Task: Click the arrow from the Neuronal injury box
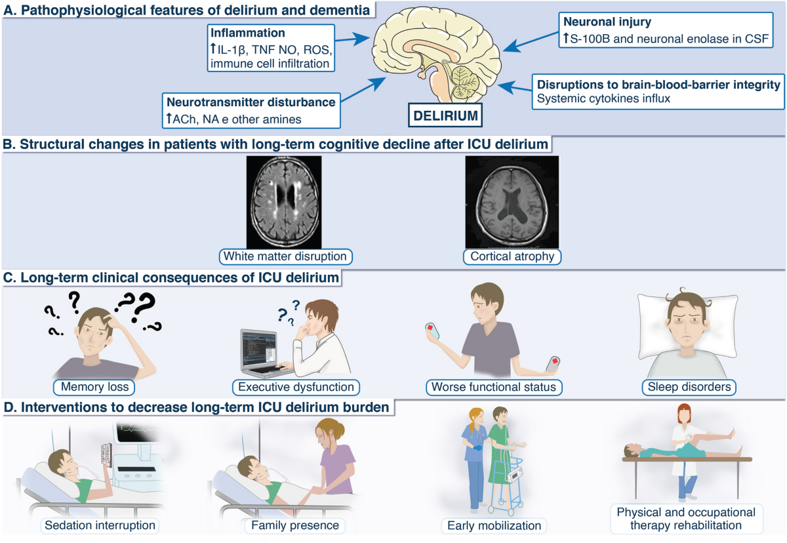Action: [524, 45]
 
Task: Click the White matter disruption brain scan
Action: [284, 201]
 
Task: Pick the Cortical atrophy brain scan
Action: [512, 201]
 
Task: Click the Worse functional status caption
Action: [493, 387]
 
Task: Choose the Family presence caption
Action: [294, 525]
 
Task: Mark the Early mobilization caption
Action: [494, 525]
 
